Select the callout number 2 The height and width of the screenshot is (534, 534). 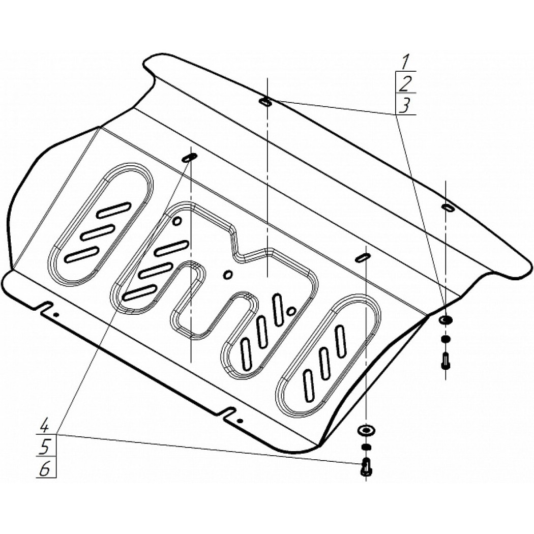coord(406,83)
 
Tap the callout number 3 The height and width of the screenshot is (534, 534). coord(404,105)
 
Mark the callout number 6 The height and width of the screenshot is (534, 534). coord(45,469)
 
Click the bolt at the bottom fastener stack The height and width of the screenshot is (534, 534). coord(366,467)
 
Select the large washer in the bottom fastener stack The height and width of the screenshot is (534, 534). coord(366,430)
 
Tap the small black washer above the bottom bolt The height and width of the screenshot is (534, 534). coord(366,447)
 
